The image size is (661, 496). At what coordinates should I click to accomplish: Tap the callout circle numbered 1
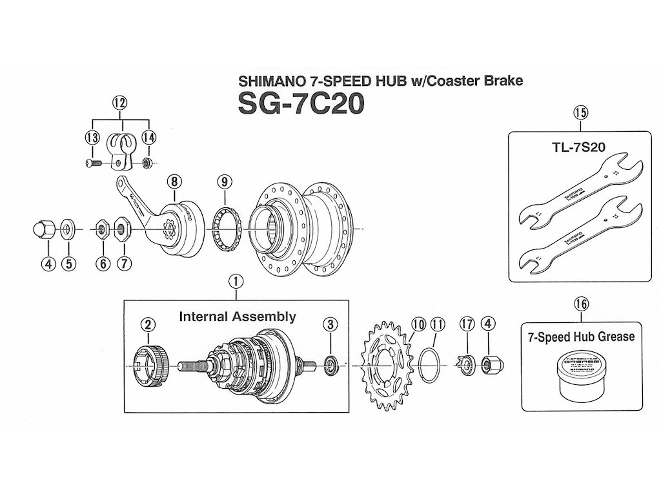pos(236,281)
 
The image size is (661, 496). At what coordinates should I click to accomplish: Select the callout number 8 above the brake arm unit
pos(173,181)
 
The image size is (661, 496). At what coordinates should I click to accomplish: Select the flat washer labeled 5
pos(68,229)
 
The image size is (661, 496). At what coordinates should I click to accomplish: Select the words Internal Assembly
pos(237,316)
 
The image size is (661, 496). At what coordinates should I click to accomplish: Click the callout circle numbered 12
pos(120,102)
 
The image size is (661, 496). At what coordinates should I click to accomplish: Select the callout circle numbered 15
pos(580,114)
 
